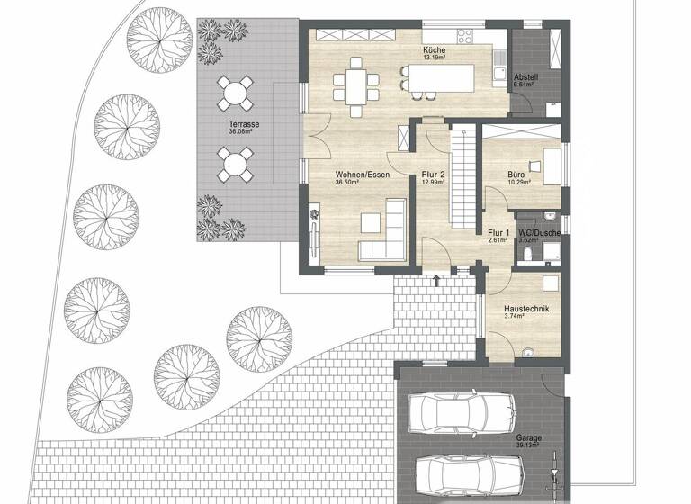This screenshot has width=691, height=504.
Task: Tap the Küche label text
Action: (x=435, y=50)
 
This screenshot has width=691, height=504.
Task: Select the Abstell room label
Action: (x=526, y=78)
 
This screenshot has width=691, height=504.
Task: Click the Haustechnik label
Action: (x=526, y=309)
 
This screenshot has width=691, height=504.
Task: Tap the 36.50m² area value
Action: (x=346, y=182)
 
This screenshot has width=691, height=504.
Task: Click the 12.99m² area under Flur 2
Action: (x=433, y=182)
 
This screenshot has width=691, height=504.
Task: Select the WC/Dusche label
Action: (x=539, y=233)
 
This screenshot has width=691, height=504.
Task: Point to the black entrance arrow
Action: (x=436, y=282)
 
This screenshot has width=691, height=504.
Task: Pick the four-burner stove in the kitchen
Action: (x=465, y=37)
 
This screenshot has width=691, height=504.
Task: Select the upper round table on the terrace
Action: (x=235, y=91)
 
